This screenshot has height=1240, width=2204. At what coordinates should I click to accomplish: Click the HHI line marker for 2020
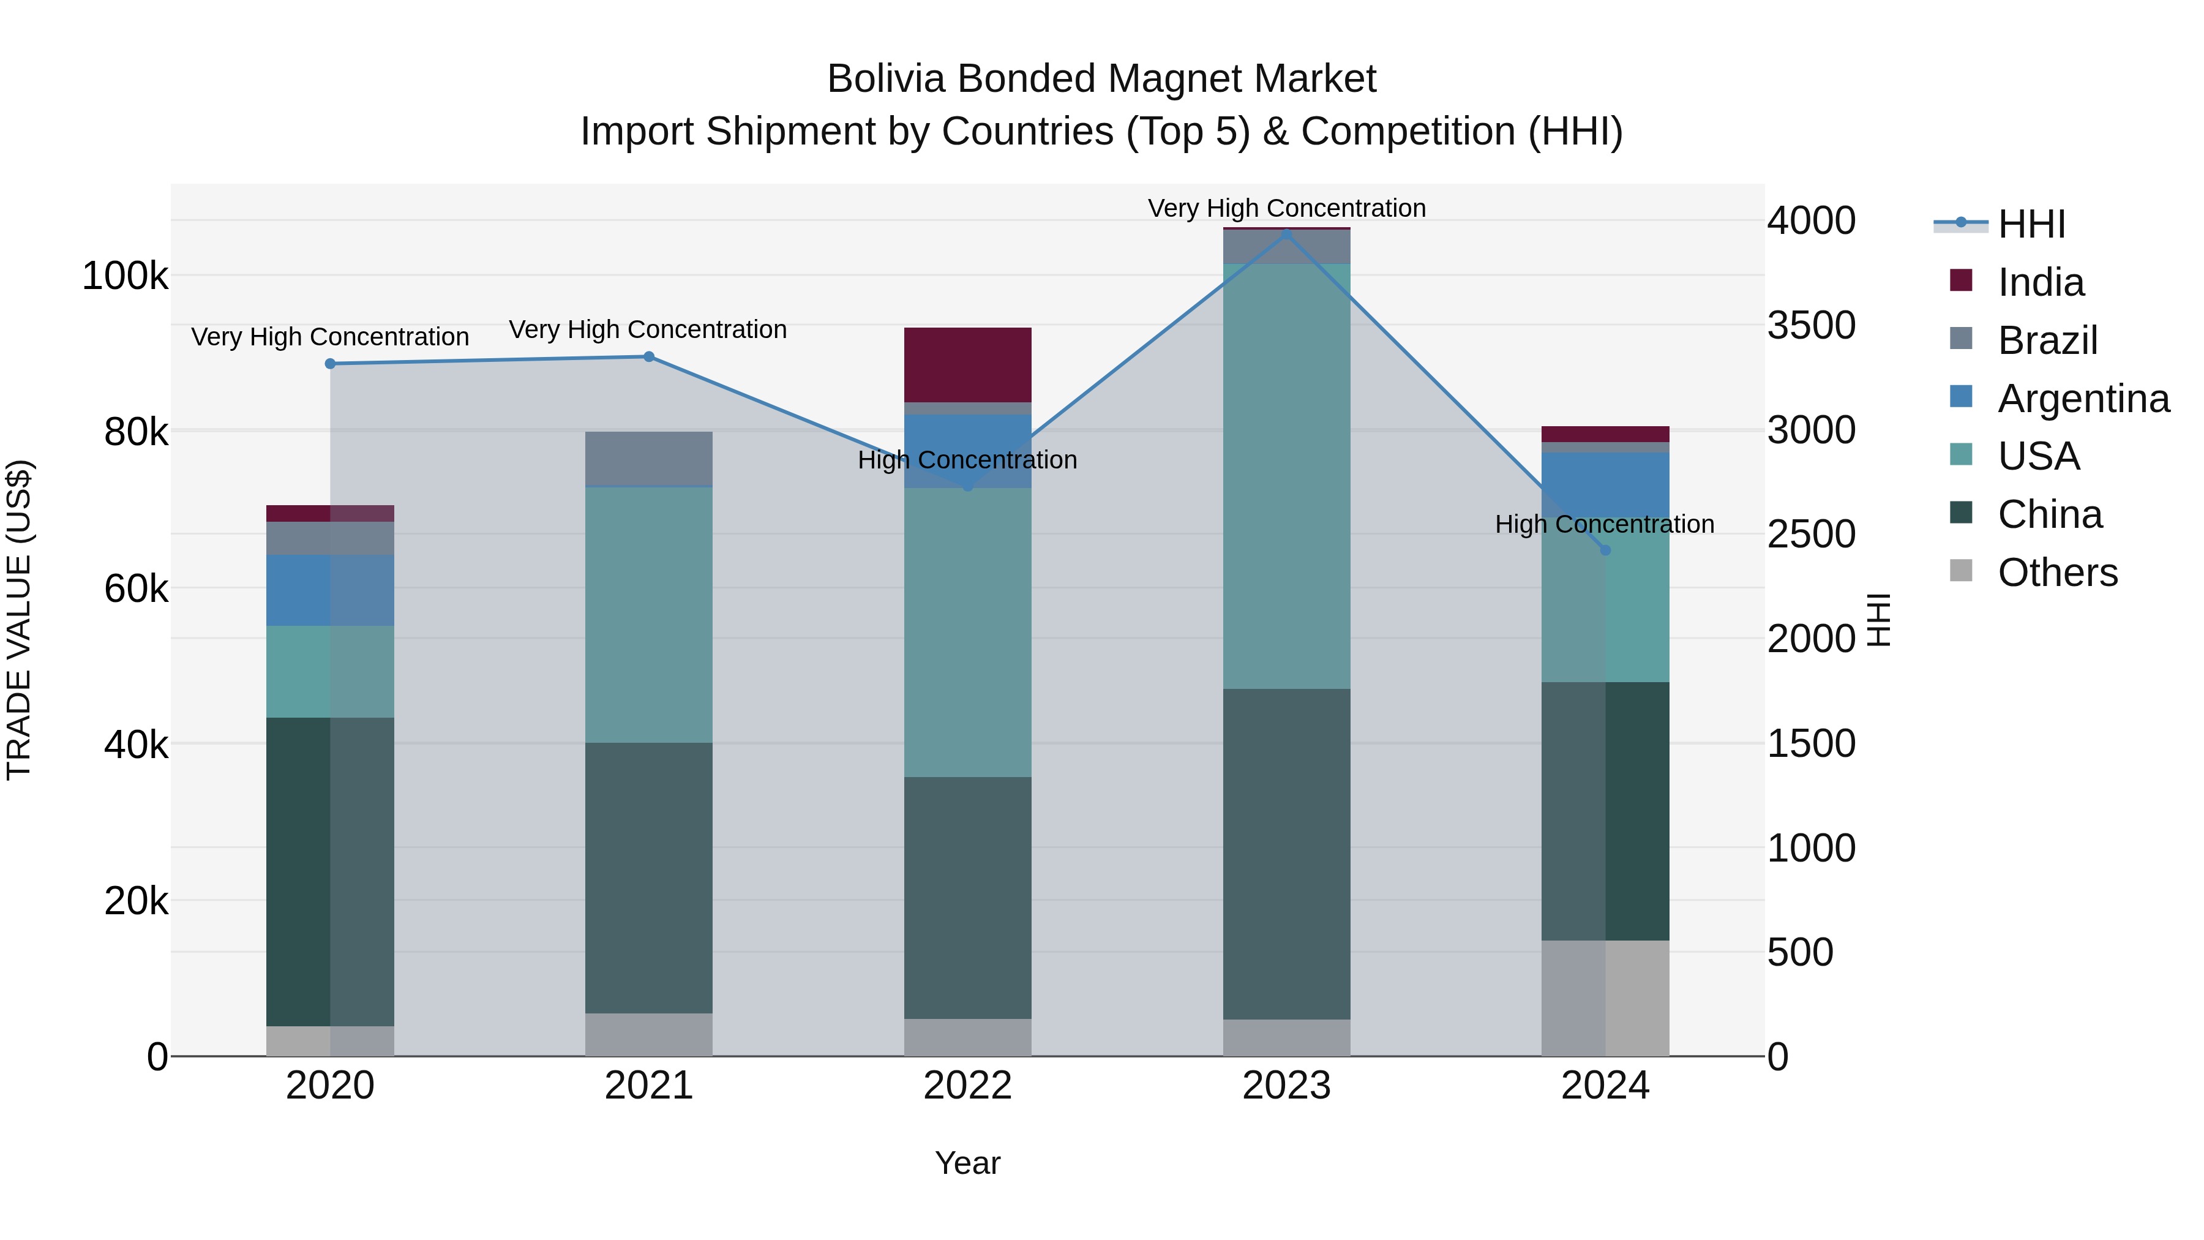(x=330, y=364)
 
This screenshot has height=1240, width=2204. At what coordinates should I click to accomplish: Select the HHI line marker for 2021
(x=648, y=357)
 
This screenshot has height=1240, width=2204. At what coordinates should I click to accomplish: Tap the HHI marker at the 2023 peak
(x=1287, y=233)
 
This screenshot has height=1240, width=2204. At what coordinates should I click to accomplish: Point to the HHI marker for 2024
(x=1605, y=550)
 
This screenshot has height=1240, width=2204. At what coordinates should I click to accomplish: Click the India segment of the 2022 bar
(x=968, y=364)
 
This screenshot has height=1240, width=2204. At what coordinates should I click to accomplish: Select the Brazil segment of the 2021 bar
(x=648, y=458)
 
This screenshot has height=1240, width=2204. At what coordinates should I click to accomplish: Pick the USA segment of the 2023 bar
(x=1287, y=476)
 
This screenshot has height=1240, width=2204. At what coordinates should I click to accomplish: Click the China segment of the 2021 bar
(x=648, y=877)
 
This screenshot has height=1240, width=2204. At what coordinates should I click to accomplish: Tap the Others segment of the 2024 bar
(x=1605, y=998)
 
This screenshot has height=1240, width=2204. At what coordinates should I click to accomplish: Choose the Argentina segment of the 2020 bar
(x=330, y=590)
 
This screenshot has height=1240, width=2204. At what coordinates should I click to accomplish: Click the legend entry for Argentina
(x=2083, y=399)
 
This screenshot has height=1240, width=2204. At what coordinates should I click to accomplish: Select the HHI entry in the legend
(x=2031, y=224)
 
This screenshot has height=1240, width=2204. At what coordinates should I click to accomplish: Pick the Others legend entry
(x=2057, y=573)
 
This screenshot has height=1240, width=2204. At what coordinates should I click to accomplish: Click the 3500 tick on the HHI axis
(x=1812, y=325)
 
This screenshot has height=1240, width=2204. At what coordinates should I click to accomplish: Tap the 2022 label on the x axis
(x=968, y=1086)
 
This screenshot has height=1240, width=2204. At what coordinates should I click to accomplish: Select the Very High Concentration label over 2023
(x=1287, y=208)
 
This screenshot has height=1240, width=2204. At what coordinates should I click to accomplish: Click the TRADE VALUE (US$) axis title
(x=19, y=620)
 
